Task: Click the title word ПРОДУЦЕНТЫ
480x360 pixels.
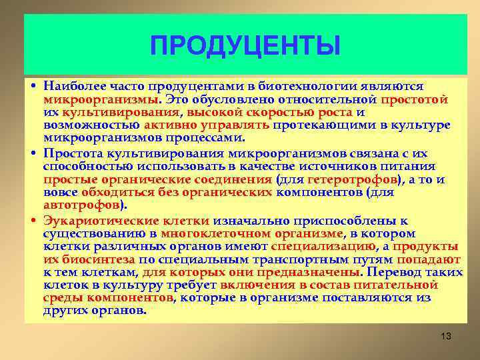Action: [245, 47]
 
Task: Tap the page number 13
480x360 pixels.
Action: [446, 336]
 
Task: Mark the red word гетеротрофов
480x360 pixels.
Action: [354, 180]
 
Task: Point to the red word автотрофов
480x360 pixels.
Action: [81, 205]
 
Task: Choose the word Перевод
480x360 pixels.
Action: [393, 272]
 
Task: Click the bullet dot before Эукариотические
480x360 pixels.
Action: [33, 221]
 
